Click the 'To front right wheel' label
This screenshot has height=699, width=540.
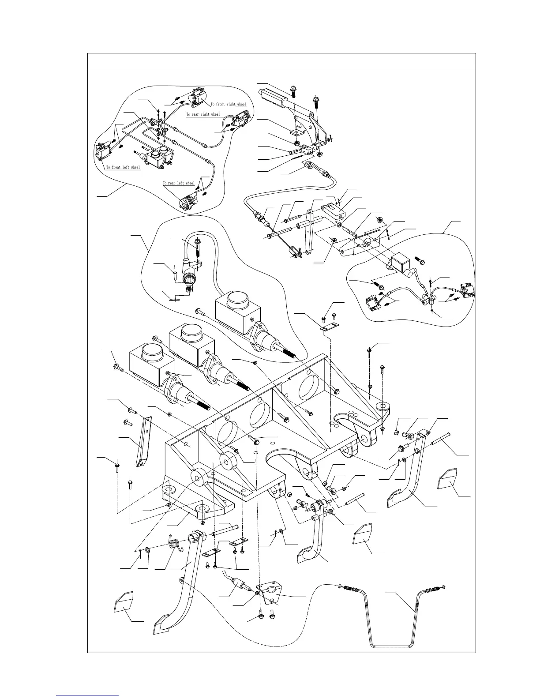229,104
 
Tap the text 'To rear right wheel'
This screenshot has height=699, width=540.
202,114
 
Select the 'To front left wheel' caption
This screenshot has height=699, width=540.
123,167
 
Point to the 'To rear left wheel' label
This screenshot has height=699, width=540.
178,183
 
